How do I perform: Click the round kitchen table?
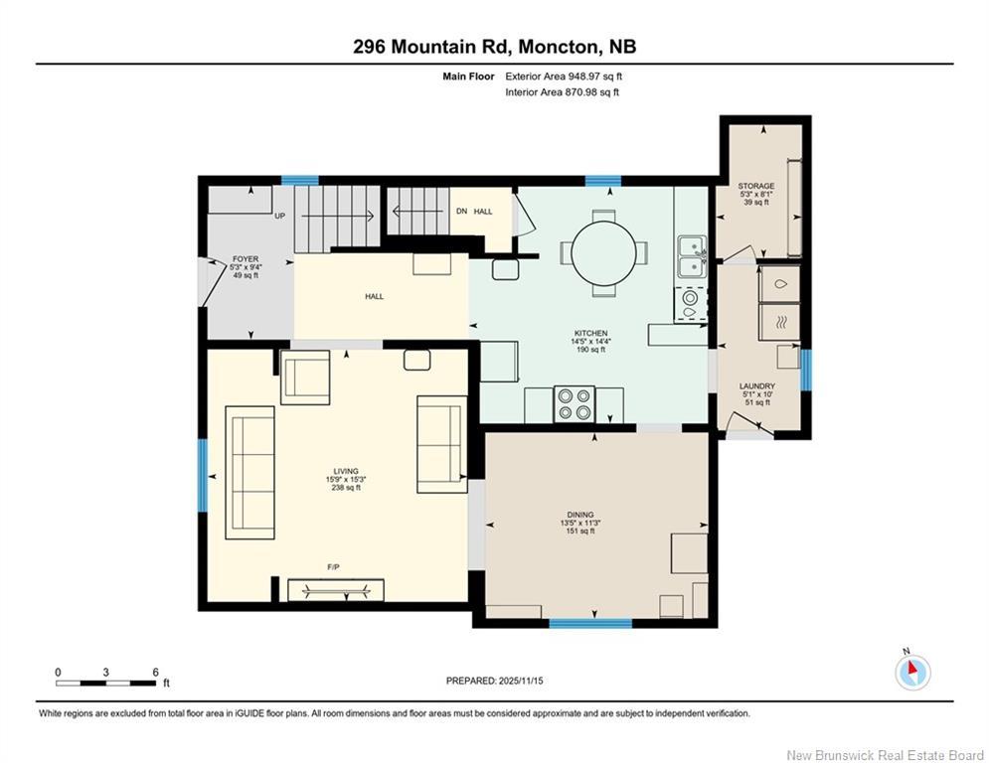coord(600,252)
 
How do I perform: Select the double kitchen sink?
coord(691,256)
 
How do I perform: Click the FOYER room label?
coord(244,266)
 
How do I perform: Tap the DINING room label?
coord(580,523)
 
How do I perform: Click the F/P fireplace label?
coord(334,567)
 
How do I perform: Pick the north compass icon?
coord(911,673)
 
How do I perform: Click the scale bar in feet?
coord(106,683)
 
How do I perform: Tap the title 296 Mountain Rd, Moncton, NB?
coord(494,47)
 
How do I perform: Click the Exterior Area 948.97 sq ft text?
coord(564,76)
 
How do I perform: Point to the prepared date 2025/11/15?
coord(494,681)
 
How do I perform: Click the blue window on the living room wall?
coord(202,475)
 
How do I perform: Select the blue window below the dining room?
coord(590,624)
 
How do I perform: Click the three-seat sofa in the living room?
coord(250,472)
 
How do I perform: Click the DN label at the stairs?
coord(461,212)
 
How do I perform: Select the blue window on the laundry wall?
coord(806,370)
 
